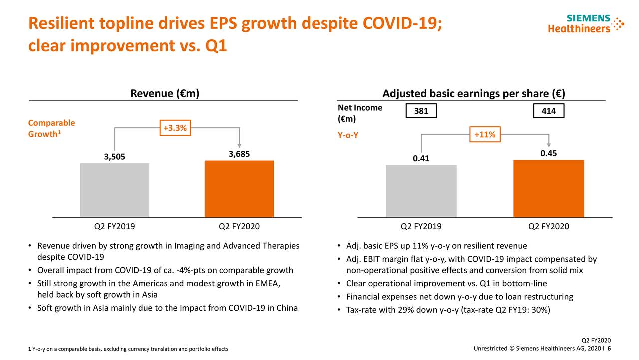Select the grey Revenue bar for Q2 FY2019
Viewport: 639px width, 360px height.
click(x=114, y=190)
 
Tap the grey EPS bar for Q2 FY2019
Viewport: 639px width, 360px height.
click(x=421, y=191)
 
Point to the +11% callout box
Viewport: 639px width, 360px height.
click(x=485, y=135)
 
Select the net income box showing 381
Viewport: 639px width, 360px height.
click(x=421, y=111)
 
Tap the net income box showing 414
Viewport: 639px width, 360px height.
click(x=548, y=111)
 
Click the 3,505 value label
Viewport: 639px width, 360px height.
click(x=115, y=157)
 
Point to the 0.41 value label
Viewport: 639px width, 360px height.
click(x=421, y=158)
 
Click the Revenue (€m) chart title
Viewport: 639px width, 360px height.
click(x=165, y=94)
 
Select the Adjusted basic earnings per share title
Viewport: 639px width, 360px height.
click(x=473, y=94)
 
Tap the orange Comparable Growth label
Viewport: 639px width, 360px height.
click(x=52, y=128)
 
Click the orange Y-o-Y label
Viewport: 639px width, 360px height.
click(x=348, y=135)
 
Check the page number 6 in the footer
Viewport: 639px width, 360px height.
click(x=609, y=348)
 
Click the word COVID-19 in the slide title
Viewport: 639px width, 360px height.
click(x=402, y=23)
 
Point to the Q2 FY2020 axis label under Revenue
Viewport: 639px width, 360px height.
click(x=239, y=226)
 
